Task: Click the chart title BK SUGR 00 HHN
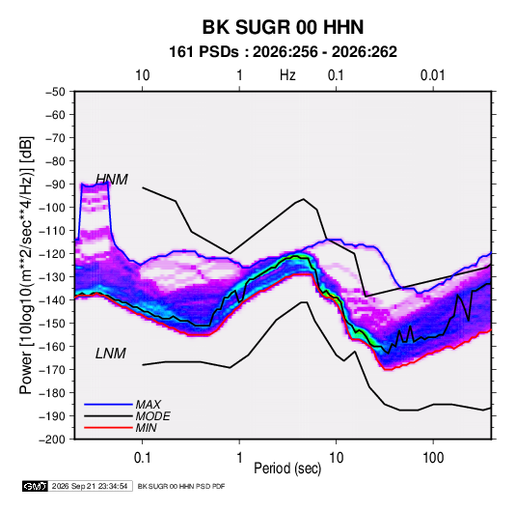point(283,27)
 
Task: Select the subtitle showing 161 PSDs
point(283,52)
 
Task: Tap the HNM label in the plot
point(112,180)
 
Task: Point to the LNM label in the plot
point(111,354)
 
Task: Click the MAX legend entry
point(149,404)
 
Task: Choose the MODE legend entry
point(152,416)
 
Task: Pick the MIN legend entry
point(146,428)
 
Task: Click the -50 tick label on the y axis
point(55,92)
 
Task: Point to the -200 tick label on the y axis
point(52,440)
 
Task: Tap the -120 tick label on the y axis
point(52,253)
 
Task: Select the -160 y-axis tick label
point(52,347)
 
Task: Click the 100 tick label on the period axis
point(433,458)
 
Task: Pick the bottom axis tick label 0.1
point(142,458)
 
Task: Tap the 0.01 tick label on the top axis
point(432,75)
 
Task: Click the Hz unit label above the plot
point(287,75)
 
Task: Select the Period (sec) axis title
point(287,468)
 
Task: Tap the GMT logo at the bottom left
point(35,486)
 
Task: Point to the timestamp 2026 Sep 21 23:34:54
point(90,486)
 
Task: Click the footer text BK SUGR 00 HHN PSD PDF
point(181,486)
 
